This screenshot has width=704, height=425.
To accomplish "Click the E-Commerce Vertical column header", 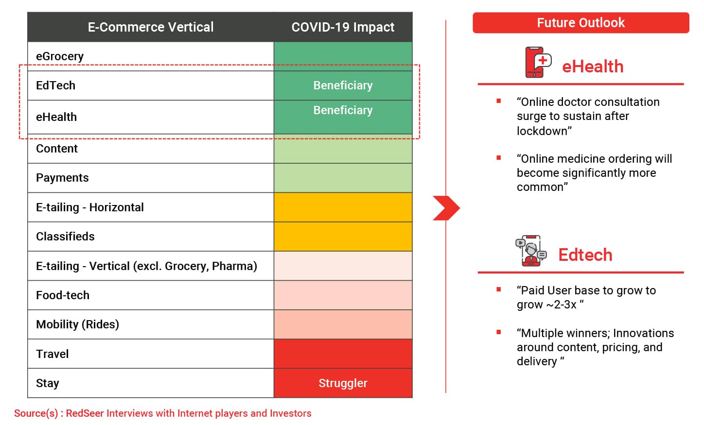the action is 151,27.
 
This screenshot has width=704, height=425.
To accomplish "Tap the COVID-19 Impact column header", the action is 343,27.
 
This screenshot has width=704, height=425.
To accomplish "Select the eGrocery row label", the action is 60,56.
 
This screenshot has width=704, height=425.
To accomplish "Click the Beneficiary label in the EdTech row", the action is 343,85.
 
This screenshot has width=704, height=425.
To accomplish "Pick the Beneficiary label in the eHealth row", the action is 343,110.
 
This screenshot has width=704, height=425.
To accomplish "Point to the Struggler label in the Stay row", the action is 343,383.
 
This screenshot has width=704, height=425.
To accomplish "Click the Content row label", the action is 57,149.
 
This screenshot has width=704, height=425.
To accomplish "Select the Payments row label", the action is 62,178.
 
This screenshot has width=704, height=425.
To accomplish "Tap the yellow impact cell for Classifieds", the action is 343,237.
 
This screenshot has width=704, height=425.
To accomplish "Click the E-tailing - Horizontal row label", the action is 90,207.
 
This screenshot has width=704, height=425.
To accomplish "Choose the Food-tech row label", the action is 63,295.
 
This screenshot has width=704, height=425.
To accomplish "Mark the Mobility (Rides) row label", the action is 78,324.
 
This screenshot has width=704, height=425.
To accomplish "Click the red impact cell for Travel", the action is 343,354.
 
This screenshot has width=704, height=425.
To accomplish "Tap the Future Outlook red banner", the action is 581,23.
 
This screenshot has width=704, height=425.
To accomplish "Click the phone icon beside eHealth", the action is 538,62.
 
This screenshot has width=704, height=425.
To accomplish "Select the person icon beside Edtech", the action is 531,251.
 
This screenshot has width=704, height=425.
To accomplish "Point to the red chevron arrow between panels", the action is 446,208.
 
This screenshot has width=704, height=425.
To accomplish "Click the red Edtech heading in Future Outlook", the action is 585,255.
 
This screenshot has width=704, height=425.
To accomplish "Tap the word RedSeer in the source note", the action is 85,413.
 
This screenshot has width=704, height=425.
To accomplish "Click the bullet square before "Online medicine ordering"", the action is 498,157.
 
